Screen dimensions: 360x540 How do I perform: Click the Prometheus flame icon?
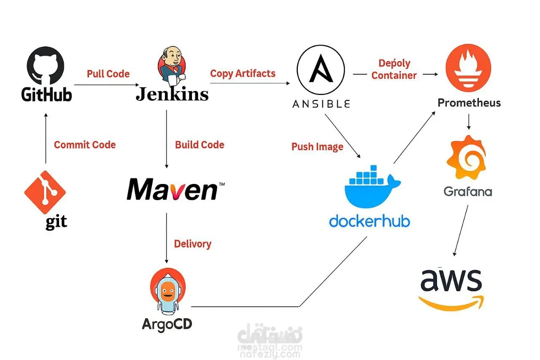pyautogui.click(x=468, y=68)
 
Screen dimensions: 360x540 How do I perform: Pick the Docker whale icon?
pyautogui.click(x=370, y=186)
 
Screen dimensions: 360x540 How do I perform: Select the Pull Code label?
pyautogui.click(x=108, y=74)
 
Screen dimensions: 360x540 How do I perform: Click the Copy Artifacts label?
pyautogui.click(x=243, y=73)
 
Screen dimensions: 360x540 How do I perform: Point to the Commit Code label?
pyautogui.click(x=84, y=145)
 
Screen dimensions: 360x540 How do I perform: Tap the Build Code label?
pyautogui.click(x=200, y=145)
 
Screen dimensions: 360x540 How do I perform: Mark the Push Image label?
pyautogui.click(x=317, y=147)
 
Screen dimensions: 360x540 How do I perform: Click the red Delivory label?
pyautogui.click(x=192, y=244)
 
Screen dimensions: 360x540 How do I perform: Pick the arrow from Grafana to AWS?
pyautogui.click(x=461, y=230)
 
